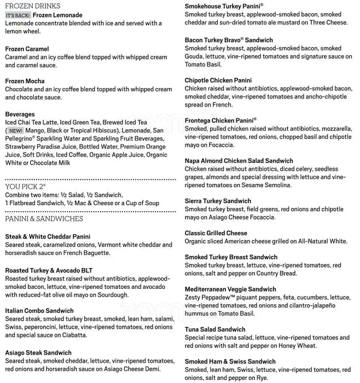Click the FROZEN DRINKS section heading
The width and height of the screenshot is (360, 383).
tap(33, 5)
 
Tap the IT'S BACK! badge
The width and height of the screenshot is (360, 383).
tap(18, 15)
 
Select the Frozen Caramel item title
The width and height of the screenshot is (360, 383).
tap(27, 49)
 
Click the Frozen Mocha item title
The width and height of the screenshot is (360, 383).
tap(25, 81)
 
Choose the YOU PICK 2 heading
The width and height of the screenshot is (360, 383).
tap(25, 186)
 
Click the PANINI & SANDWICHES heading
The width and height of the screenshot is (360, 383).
tap(44, 219)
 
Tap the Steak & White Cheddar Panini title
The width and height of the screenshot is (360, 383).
tap(48, 236)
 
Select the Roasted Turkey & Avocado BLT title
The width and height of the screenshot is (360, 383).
tap(49, 270)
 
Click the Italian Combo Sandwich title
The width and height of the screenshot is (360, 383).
tap(39, 311)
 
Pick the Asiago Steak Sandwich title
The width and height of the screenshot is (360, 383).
tap(38, 353)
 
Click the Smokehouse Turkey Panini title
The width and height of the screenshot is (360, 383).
tap(224, 5)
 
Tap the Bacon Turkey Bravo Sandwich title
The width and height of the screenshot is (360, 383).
tap(229, 40)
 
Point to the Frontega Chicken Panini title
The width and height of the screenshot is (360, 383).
tap(220, 120)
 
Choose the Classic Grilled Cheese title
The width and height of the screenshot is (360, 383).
tap(216, 233)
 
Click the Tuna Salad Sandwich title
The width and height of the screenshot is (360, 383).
tap(215, 329)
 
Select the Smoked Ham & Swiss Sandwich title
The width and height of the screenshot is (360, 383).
tap(230, 362)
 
